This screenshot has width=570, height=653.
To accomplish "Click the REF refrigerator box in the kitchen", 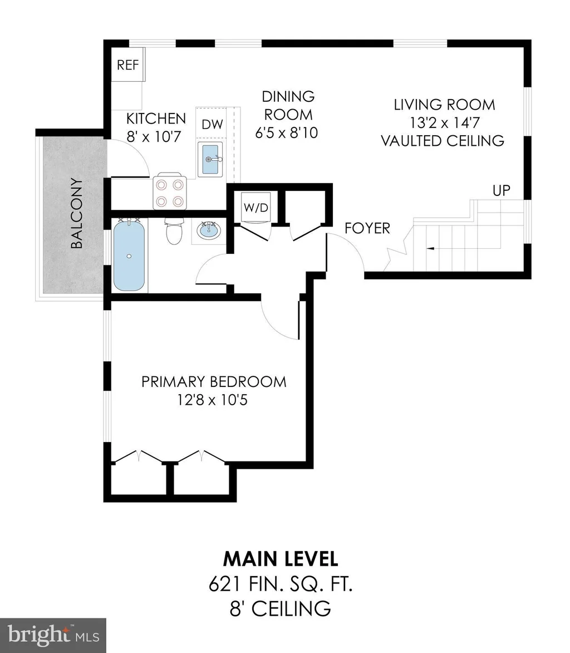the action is coord(128,65).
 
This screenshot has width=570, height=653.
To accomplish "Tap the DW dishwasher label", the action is coord(212,124).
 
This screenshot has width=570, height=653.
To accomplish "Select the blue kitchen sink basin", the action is coord(210,159).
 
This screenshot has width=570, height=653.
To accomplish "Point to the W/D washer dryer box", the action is coord(256,208).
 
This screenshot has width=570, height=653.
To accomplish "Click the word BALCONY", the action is coord(77,213).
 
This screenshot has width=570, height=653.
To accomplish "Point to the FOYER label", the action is coord(367,228).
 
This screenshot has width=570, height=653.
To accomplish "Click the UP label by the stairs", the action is coord(502,190).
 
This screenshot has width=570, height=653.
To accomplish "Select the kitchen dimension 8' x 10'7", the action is coord(154,136).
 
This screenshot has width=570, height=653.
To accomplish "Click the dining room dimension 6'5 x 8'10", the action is coord(287,133).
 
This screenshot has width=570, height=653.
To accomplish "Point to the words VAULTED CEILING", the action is coord(443,141).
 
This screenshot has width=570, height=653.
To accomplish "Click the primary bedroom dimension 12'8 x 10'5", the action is coord(212,400).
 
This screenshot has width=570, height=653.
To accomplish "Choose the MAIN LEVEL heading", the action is coord(281,559).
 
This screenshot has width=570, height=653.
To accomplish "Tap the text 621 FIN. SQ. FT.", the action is coord(281,585).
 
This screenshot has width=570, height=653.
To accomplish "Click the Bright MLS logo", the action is coord(53,636).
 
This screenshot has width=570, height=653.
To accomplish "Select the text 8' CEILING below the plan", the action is coord(281,609).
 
